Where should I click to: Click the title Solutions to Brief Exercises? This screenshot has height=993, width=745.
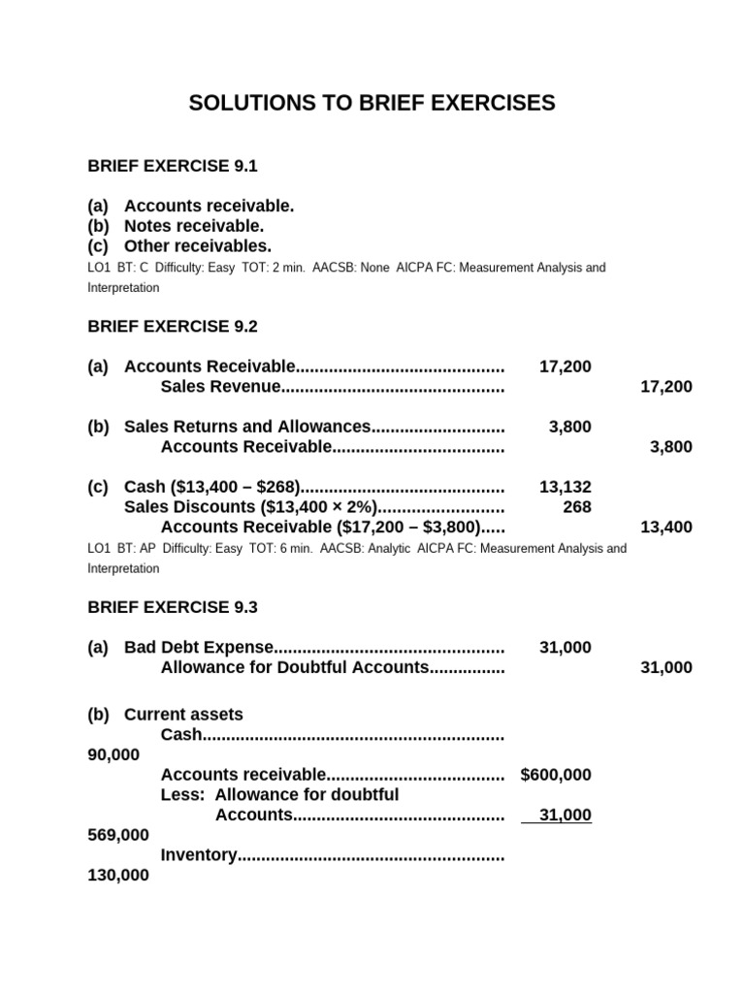coord(372,103)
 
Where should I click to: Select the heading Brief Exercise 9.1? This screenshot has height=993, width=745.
coord(173,166)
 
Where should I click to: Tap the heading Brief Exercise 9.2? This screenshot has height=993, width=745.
coord(173,326)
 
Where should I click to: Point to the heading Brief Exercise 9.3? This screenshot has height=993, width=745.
coord(173,607)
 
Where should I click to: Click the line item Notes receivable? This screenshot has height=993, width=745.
coord(194,226)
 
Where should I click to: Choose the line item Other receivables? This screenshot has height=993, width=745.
coord(198,246)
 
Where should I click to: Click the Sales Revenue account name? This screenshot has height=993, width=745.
coord(220,387)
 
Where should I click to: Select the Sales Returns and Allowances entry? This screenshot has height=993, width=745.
coord(247,427)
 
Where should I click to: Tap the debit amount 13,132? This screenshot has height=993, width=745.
coord(565,487)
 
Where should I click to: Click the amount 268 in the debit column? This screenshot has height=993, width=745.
coord(576,506)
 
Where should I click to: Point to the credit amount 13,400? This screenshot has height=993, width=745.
coord(666,528)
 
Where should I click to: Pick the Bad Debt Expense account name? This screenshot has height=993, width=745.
coord(199,648)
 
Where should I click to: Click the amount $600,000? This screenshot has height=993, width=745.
coord(556,775)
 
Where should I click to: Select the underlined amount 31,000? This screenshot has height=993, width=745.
coord(565,816)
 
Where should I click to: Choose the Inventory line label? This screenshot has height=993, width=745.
coord(199,855)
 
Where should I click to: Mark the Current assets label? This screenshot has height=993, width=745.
coord(183,715)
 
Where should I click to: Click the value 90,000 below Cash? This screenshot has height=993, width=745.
coord(113,754)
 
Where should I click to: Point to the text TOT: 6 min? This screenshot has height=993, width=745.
coord(285,549)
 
